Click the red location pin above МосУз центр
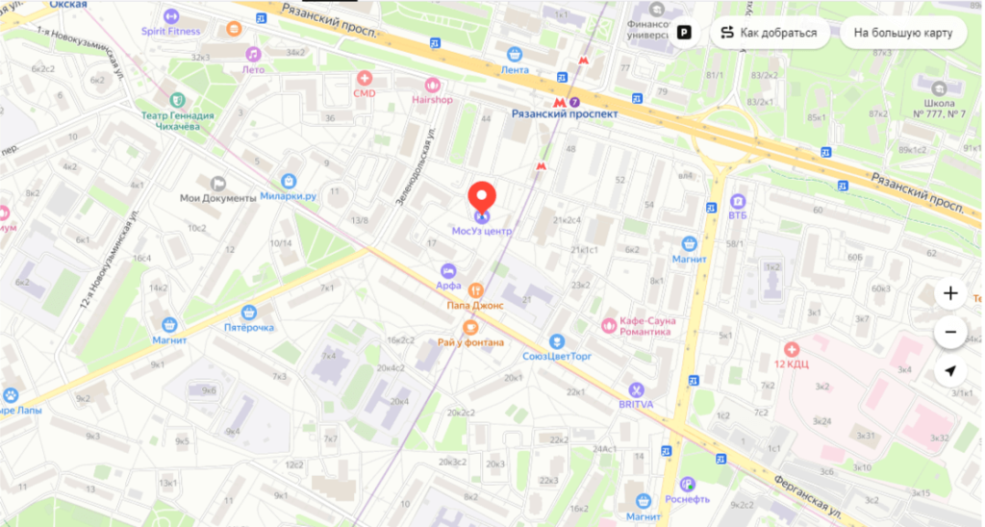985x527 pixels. pyautogui.click(x=482, y=197)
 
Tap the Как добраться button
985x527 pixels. pyautogui.click(x=770, y=33)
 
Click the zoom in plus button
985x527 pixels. pyautogui.click(x=950, y=293)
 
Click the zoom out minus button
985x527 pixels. pyautogui.click(x=950, y=333)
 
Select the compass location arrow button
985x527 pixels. pyautogui.click(x=950, y=371)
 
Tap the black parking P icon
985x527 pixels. pyautogui.click(x=684, y=33)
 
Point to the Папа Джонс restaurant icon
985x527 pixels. pyautogui.click(x=474, y=289)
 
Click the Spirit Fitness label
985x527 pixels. pyautogui.click(x=170, y=31)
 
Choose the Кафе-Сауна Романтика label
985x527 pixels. pyautogui.click(x=636, y=326)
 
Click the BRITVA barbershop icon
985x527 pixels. pyautogui.click(x=635, y=389)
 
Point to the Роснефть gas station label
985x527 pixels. pyautogui.click(x=687, y=499)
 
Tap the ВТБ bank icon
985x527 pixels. pyautogui.click(x=737, y=201)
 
